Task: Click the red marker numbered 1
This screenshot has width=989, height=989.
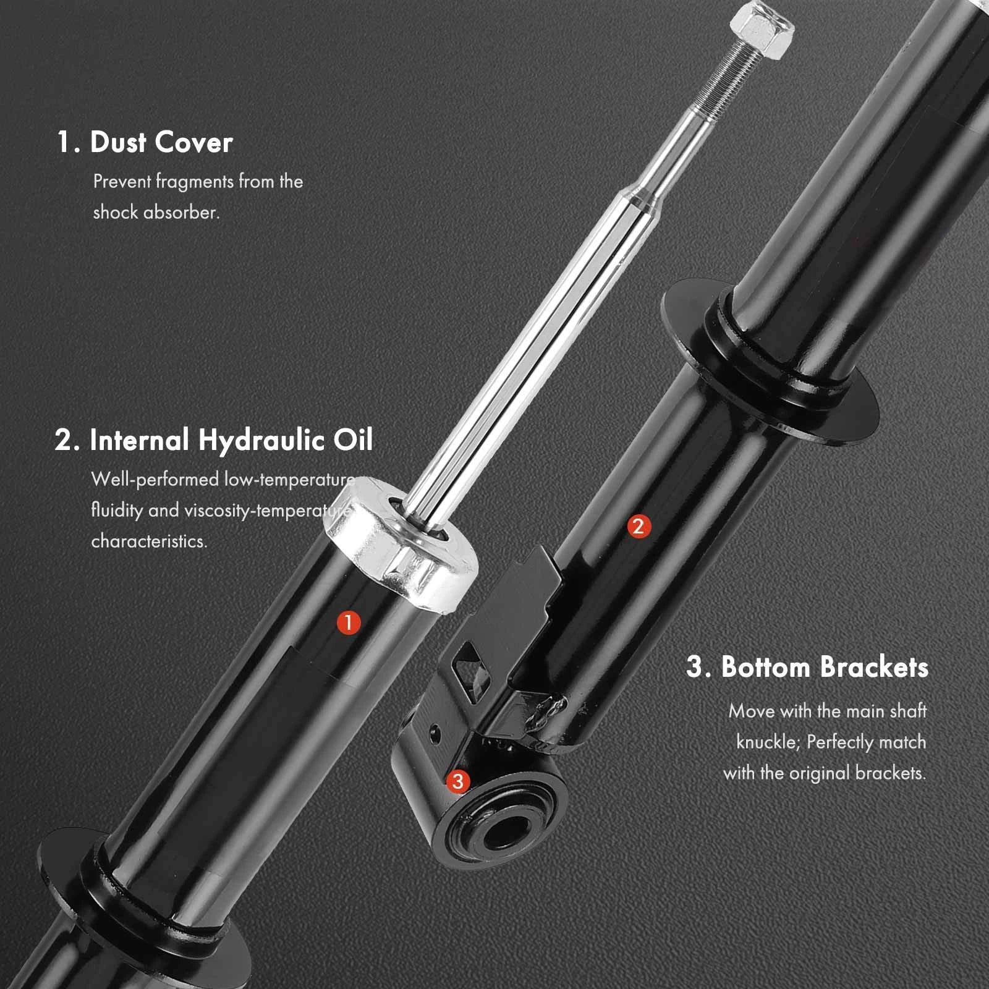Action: (x=348, y=622)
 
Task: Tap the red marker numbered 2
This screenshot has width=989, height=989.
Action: (x=639, y=527)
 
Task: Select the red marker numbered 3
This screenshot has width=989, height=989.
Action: (x=457, y=781)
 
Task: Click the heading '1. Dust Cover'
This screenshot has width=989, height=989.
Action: (x=145, y=142)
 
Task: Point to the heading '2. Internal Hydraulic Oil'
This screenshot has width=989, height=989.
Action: (x=214, y=440)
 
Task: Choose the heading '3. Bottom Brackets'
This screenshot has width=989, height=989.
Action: (x=807, y=667)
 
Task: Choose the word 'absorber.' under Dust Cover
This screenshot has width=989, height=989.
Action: (x=181, y=213)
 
